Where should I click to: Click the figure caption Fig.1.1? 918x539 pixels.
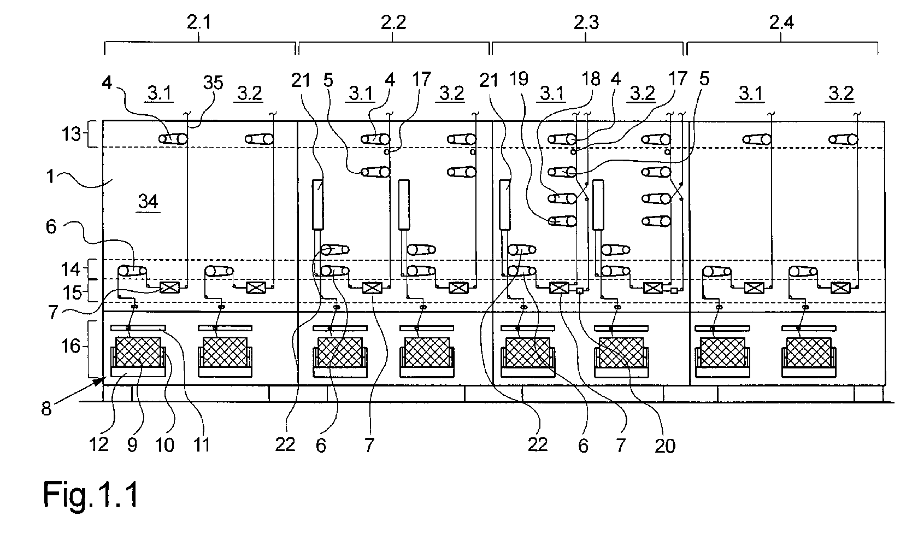[x=91, y=495]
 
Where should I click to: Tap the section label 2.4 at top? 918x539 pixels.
[x=781, y=22]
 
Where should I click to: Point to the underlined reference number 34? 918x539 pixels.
[x=148, y=202]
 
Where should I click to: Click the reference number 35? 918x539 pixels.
[x=213, y=83]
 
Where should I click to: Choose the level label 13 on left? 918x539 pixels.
[x=71, y=134]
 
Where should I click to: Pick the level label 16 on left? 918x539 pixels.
[x=71, y=346]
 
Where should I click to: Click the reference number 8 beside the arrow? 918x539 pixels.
[x=46, y=408]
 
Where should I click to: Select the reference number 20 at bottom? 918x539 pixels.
[x=664, y=446]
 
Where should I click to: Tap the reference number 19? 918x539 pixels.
[x=520, y=80]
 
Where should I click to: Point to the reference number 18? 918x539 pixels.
[x=592, y=80]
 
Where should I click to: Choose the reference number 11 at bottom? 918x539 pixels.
[x=202, y=445]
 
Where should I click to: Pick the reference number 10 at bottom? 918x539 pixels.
[x=165, y=445]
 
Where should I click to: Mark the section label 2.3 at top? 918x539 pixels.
[x=586, y=22]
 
